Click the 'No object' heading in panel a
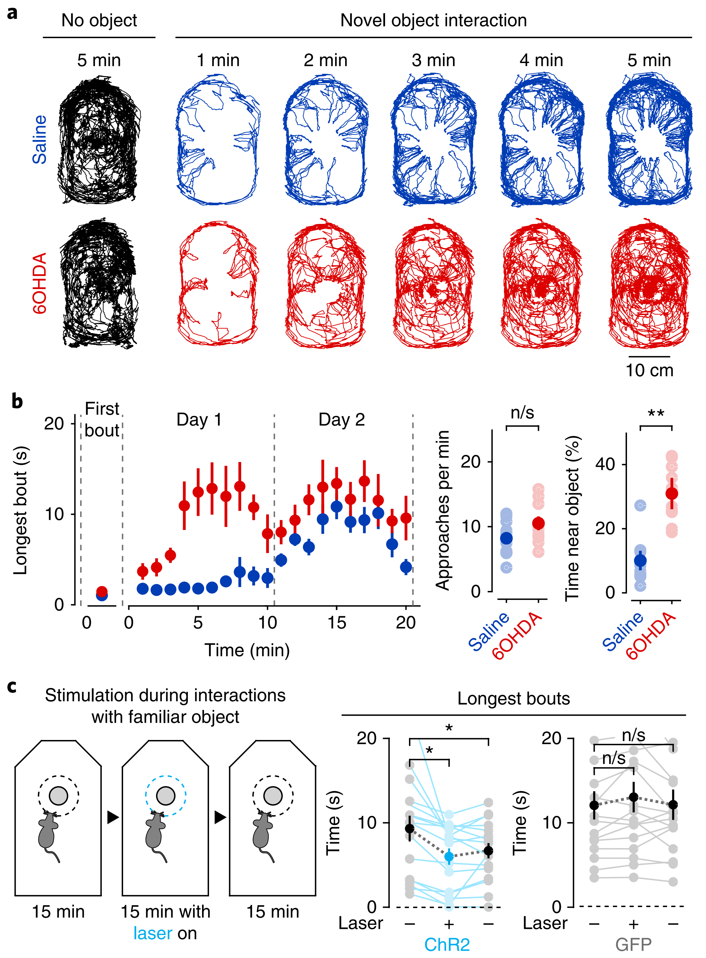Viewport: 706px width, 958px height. (99, 20)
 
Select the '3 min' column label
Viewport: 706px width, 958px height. (433, 60)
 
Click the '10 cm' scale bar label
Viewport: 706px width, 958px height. (649, 370)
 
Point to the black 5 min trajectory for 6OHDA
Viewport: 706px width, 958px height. (99, 283)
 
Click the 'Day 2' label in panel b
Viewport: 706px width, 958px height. (341, 420)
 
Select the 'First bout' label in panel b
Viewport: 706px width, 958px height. (102, 420)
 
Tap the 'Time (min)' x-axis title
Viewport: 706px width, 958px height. (247, 650)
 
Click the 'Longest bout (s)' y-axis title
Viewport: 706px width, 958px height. (20, 510)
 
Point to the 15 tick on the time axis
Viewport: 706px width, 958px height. (337, 622)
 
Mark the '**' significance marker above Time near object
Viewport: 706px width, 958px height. (656, 413)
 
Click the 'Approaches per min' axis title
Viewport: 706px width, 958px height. (443, 510)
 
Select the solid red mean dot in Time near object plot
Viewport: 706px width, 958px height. (672, 494)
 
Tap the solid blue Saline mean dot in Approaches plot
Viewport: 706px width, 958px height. (506, 538)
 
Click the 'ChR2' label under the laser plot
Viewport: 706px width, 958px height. (447, 944)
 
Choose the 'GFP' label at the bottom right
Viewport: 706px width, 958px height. (633, 944)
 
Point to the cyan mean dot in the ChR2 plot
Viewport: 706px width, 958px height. (449, 856)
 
